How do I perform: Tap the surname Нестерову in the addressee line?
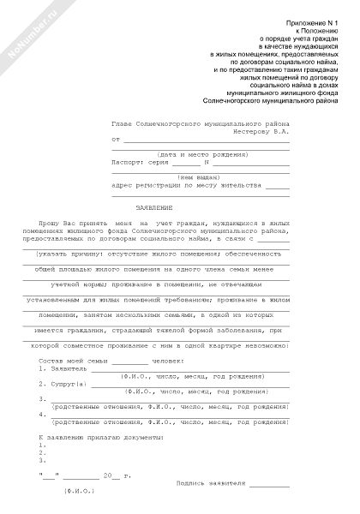point(254,131)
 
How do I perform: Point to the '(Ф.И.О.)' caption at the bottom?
point(79,492)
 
